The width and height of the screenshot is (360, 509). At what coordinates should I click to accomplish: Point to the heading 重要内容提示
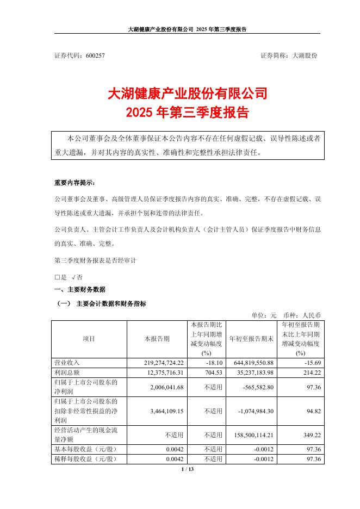click(77, 183)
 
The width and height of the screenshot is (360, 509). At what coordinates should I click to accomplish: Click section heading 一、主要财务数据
click(80, 289)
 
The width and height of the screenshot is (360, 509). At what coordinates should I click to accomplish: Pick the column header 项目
click(89, 339)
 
